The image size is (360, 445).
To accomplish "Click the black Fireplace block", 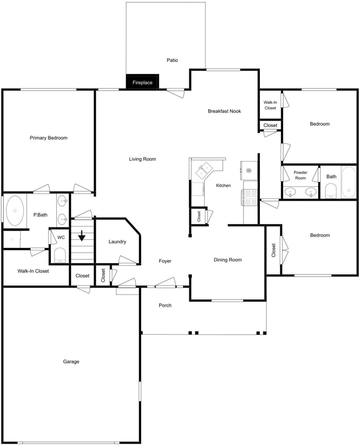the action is [x=142, y=82].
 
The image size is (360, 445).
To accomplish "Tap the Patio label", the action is [x=172, y=60].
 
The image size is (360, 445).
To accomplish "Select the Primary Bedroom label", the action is [x=48, y=138].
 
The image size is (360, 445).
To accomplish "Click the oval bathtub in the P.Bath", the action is [x=15, y=210].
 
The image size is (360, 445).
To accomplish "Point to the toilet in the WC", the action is [x=60, y=255].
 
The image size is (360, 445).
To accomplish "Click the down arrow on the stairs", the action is [x=82, y=236].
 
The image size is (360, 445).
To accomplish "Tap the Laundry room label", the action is [x=117, y=242].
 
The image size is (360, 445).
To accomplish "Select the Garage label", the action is [x=71, y=362].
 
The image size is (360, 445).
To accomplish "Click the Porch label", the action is [x=165, y=305].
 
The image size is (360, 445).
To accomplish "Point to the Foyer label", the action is [x=165, y=261].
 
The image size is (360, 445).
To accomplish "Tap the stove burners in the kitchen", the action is [x=249, y=197].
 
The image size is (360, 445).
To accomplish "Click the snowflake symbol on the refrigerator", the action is [x=248, y=170].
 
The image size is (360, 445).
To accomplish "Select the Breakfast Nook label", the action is [x=224, y=111].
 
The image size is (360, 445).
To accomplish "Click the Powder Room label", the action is [x=301, y=175].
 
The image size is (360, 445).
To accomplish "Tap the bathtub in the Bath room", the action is [x=349, y=182].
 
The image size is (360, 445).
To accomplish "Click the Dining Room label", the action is [x=228, y=260].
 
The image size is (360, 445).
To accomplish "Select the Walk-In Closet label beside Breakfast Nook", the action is [x=270, y=105].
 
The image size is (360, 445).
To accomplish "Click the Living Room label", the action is [x=142, y=159].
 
